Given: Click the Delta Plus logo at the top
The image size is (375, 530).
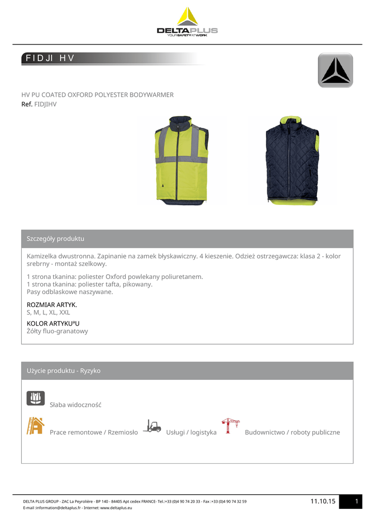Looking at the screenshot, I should [x=187, y=22].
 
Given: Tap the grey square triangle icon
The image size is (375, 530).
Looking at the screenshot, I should [x=335, y=70].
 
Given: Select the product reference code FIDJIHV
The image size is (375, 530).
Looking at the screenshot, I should [x=45, y=104].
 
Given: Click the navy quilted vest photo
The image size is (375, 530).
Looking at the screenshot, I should [x=292, y=160].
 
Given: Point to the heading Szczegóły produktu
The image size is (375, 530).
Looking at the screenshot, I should [x=55, y=239].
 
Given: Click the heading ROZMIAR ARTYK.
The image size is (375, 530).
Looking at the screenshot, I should [x=52, y=304].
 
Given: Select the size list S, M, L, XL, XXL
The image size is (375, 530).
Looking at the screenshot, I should [x=48, y=313].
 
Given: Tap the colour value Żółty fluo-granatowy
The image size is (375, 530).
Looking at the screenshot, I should [x=57, y=331].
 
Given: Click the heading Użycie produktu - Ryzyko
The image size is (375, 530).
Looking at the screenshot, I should [x=64, y=371].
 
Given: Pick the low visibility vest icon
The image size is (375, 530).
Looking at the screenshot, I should [x=36, y=398].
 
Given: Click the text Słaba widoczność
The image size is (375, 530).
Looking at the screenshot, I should [x=76, y=405].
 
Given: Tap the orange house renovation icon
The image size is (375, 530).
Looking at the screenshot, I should [x=36, y=425].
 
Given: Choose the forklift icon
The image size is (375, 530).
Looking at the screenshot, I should [x=152, y=426].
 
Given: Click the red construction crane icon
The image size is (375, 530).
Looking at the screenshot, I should [x=230, y=425].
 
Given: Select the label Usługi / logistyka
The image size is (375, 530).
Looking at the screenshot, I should [x=191, y=432].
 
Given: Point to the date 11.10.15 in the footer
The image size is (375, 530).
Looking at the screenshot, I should [x=323, y=501].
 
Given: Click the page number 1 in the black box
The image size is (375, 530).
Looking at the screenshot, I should [x=357, y=501].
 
